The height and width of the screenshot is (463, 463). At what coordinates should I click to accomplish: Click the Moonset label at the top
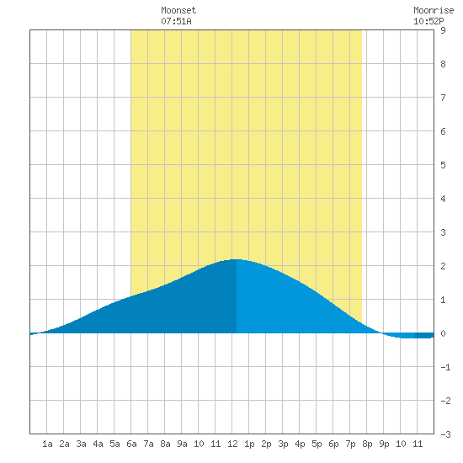178,10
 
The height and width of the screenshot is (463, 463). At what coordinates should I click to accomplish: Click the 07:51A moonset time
176,21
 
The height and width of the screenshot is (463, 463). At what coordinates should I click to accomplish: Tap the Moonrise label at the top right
434,10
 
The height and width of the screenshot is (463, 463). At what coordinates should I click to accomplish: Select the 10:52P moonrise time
428,21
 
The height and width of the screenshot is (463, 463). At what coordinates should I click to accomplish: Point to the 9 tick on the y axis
443,30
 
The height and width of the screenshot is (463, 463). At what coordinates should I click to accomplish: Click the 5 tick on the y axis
443,165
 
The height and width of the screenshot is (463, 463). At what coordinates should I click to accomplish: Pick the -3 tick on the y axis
445,434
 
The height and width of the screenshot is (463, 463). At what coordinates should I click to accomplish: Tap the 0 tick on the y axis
443,333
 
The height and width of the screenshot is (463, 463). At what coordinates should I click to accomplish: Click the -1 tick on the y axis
445,367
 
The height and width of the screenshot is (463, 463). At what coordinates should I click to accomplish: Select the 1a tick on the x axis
47,444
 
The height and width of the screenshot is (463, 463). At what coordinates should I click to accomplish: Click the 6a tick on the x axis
131,444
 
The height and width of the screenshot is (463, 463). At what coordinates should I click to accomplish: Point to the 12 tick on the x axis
232,444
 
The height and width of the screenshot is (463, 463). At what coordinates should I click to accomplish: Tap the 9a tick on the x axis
182,444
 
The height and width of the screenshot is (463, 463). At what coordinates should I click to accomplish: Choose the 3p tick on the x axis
283,444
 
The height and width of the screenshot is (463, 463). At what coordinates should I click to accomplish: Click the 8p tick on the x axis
367,444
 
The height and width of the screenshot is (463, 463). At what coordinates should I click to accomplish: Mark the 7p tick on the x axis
350,444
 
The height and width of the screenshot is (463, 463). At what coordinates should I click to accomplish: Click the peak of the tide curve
237,259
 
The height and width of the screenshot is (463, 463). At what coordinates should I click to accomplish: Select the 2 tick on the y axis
443,266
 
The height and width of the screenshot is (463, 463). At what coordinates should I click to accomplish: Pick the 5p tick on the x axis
317,444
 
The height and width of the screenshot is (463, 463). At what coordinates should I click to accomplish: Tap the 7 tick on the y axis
443,98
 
